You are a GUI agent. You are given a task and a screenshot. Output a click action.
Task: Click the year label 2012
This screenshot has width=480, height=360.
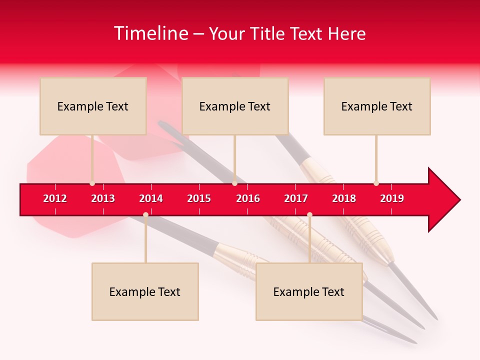pos(55,198)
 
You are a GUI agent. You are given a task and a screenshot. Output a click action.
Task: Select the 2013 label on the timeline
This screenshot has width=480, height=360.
pos(103,198)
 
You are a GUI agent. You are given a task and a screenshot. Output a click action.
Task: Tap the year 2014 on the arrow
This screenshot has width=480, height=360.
pos(151,198)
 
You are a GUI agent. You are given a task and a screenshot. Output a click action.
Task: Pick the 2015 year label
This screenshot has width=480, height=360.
pos(199,198)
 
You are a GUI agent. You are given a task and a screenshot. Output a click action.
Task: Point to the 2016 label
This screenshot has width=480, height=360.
pos(248,198)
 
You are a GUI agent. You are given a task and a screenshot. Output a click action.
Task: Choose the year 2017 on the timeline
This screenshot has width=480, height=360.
pos(296,198)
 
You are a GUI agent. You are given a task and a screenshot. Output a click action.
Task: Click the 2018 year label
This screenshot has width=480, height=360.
pos(344,198)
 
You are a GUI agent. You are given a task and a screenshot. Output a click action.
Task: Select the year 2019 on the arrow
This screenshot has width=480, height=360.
pos(392,198)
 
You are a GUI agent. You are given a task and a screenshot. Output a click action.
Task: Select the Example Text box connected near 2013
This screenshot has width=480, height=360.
pos(93,106)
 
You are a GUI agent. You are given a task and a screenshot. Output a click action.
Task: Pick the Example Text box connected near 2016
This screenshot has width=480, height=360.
pos(235,106)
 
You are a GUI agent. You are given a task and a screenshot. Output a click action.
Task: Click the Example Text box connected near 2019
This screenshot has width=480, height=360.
pos(377,106)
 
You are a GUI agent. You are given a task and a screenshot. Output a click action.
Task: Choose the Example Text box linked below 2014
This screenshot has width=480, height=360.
pos(145,291)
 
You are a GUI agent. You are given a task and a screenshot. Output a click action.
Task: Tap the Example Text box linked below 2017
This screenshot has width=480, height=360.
pos(309,291)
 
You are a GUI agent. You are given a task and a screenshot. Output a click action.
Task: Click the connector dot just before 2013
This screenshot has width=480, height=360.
pos(92,183)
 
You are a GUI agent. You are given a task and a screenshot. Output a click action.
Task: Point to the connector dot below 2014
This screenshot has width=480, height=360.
pos(145,215)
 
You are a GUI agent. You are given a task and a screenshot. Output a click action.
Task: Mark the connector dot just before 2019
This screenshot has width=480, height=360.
pos(376,183)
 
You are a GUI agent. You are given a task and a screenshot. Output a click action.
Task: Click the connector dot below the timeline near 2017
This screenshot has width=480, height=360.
pos(309,215)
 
